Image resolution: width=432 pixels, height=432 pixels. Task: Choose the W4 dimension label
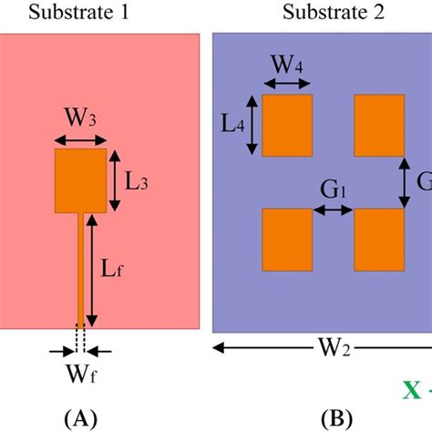(x=286, y=65)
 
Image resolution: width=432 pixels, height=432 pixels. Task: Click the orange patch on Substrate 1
(x=80, y=180)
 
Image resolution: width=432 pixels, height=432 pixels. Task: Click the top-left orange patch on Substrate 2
(x=287, y=125)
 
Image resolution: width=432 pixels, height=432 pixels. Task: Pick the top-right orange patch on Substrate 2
(x=379, y=125)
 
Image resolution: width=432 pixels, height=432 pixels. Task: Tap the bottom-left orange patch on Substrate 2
(x=287, y=239)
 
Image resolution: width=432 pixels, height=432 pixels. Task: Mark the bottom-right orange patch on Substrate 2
(x=379, y=239)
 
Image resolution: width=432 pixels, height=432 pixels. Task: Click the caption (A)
(x=81, y=418)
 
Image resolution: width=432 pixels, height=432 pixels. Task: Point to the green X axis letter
(x=412, y=389)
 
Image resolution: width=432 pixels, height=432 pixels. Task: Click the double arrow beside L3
(x=116, y=180)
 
